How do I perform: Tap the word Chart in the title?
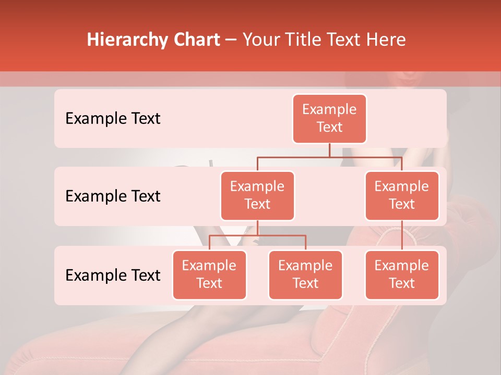pyautogui.click(x=194, y=40)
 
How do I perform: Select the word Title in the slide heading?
pyautogui.click(x=304, y=40)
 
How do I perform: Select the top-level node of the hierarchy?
pyautogui.click(x=329, y=119)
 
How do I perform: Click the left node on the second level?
pyautogui.click(x=257, y=196)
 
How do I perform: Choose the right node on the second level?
pyautogui.click(x=402, y=196)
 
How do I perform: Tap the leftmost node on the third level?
pyautogui.click(x=209, y=275)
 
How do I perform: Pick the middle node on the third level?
pyautogui.click(x=305, y=275)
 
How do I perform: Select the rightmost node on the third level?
pyautogui.click(x=402, y=275)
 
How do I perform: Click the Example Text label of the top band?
pyautogui.click(x=113, y=119)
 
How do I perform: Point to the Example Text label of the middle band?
pyautogui.click(x=113, y=196)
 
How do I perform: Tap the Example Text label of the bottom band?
pyautogui.click(x=113, y=275)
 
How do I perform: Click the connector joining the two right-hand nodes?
pyautogui.click(x=402, y=235)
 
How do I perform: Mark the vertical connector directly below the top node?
pyautogui.click(x=329, y=150)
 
